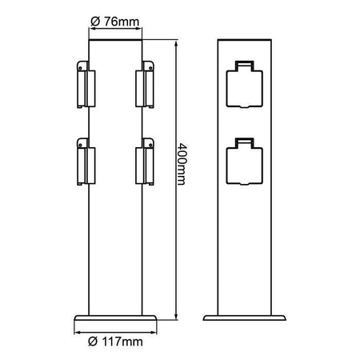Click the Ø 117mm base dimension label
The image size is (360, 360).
117,342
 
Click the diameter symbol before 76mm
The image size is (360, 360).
94,20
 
